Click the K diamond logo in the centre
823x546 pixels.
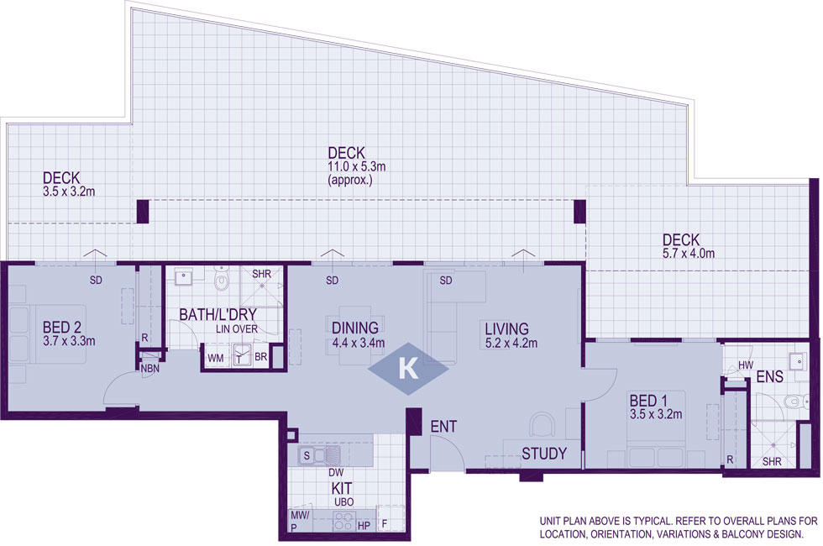(x=408, y=369)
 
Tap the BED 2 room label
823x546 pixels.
(x=62, y=328)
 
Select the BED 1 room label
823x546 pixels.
(x=648, y=402)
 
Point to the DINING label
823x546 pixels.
(x=354, y=328)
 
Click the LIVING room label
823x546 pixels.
(x=506, y=329)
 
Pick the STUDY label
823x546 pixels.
(x=544, y=454)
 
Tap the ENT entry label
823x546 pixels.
(x=443, y=427)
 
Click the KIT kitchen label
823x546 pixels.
(x=341, y=488)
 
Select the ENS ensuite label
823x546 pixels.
(x=770, y=376)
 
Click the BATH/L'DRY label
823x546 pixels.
(x=218, y=314)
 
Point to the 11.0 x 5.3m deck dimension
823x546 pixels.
(x=357, y=167)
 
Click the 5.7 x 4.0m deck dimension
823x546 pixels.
(x=688, y=254)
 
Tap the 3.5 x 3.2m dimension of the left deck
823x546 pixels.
(x=69, y=192)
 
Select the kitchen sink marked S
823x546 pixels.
(x=318, y=455)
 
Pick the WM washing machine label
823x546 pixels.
(x=215, y=358)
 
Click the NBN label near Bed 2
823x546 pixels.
(x=150, y=369)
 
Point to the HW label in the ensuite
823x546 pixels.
(x=746, y=365)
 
